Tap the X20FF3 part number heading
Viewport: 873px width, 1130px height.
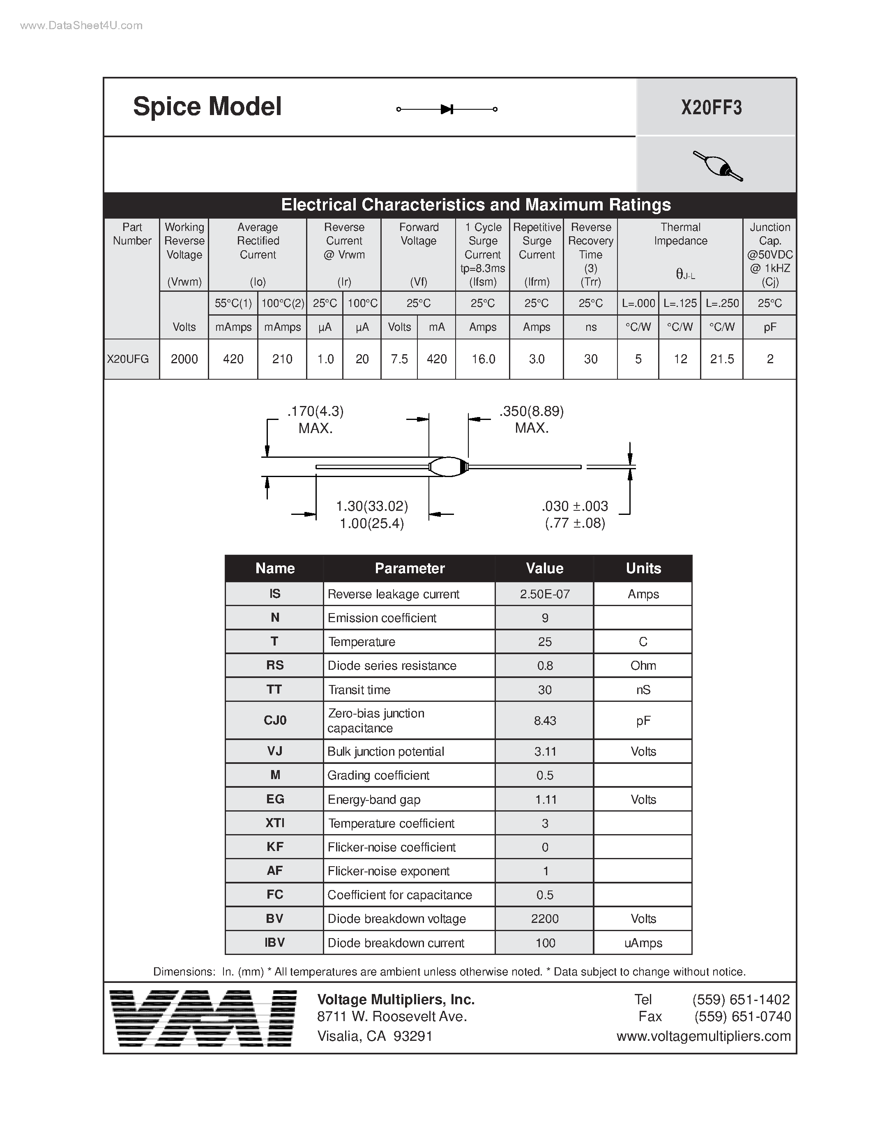(x=711, y=108)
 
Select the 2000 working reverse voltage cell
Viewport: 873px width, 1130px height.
(x=184, y=359)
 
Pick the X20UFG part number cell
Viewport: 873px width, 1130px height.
(x=128, y=359)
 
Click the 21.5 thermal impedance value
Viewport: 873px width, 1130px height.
(x=722, y=359)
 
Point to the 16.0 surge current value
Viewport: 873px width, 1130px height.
(x=483, y=359)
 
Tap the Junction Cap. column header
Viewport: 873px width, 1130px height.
(x=769, y=254)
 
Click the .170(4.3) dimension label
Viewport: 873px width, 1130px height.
(x=316, y=411)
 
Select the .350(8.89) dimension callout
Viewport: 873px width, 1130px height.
(x=532, y=411)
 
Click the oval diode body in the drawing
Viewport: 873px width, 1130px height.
(x=448, y=467)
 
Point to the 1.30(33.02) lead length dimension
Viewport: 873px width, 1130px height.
(x=372, y=506)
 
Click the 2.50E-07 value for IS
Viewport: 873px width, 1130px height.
(x=545, y=594)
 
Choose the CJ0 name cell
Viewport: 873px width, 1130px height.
(x=274, y=720)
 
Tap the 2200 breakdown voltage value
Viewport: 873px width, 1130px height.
(x=545, y=919)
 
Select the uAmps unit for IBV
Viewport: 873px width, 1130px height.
(x=643, y=943)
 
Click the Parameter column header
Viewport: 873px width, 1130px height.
(x=409, y=568)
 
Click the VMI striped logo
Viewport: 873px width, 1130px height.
(x=203, y=1018)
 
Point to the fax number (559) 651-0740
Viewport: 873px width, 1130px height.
(x=743, y=1017)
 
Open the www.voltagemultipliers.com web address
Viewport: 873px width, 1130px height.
(x=703, y=1036)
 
